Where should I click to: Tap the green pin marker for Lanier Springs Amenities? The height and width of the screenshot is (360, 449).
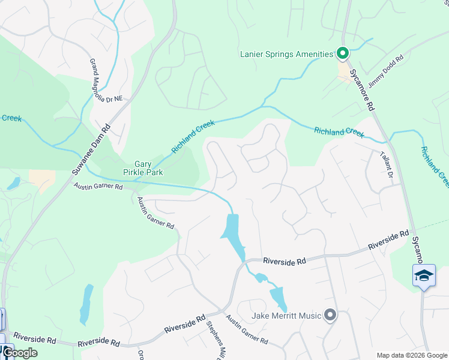click(x=342, y=54)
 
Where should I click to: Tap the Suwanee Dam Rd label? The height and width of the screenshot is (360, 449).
click(x=92, y=149)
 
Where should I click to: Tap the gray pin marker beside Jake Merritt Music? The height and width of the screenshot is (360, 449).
click(x=330, y=314)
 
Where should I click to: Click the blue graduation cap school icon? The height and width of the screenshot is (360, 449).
click(x=423, y=275)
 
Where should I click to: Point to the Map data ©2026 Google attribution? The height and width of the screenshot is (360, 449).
click(x=411, y=355)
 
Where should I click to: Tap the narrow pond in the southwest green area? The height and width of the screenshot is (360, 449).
click(x=86, y=304)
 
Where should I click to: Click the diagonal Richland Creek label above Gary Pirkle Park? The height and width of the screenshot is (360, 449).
click(x=193, y=136)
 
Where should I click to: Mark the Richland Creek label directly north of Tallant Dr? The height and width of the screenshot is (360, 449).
click(x=339, y=131)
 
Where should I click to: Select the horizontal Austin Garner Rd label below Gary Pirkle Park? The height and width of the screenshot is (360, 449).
click(x=98, y=187)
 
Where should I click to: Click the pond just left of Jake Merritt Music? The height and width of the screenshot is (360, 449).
click(x=277, y=298)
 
